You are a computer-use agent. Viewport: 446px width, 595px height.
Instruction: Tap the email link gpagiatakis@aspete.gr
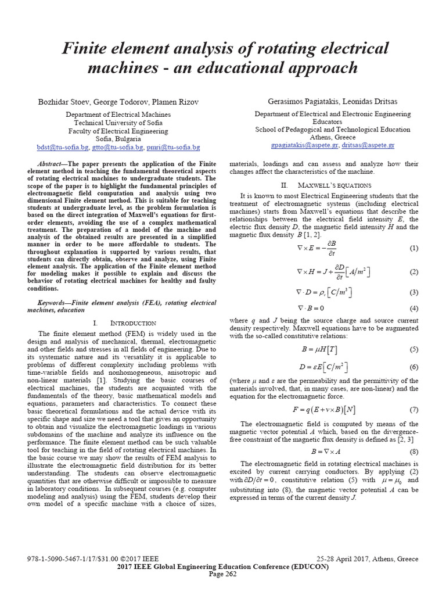pyautogui.click(x=305, y=145)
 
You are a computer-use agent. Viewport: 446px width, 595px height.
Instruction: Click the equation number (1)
pyautogui.click(x=413, y=248)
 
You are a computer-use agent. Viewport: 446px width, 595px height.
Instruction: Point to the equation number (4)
pyautogui.click(x=413, y=309)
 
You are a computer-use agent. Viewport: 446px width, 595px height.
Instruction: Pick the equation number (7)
pyautogui.click(x=413, y=409)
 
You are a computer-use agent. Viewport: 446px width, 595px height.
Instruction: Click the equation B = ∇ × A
pyautogui.click(x=324, y=451)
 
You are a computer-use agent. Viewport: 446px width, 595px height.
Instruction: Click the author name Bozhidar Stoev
pyautogui.click(x=63, y=102)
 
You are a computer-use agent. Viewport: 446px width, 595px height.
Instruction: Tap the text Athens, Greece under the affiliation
pyautogui.click(x=332, y=137)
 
